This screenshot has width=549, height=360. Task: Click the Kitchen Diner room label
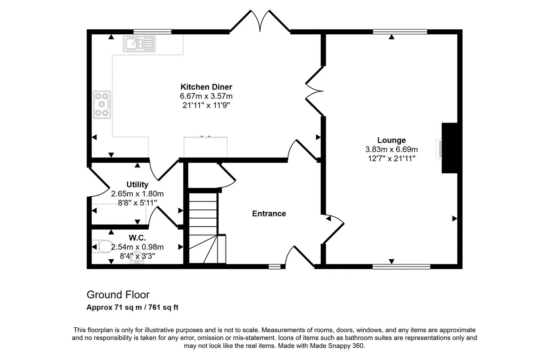206,87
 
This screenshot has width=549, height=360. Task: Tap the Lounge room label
392,140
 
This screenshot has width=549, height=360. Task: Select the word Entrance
269,213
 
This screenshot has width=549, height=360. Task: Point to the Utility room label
137,184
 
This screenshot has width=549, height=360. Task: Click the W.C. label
137,237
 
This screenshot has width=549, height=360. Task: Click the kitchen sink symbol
139,44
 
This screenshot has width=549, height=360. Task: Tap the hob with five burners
102,105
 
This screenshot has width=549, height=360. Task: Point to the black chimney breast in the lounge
449,148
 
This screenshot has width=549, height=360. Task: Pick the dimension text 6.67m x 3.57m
206,96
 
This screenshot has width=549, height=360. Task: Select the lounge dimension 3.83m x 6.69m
392,150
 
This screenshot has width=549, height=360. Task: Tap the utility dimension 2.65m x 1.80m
137,194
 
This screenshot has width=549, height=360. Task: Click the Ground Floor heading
118,294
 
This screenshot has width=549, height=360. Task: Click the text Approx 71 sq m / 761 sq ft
133,307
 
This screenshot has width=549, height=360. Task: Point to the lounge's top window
400,32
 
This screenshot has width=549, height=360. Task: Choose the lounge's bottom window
401,267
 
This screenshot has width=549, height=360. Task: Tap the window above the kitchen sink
152,32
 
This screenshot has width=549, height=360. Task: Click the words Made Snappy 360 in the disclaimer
337,346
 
